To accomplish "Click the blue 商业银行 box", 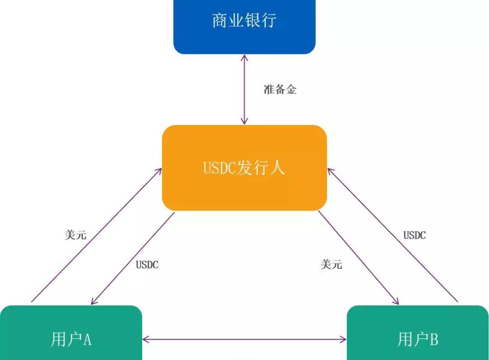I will click(x=244, y=23).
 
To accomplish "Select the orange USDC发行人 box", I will click(x=244, y=168).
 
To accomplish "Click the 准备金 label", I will click(x=280, y=90).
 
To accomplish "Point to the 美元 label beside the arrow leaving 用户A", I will click(x=76, y=235).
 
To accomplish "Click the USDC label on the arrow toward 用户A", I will click(x=147, y=265).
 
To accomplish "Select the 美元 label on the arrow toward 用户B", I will click(x=331, y=264).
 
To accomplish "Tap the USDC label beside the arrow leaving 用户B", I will click(x=414, y=235).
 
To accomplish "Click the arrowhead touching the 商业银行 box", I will click(x=244, y=58).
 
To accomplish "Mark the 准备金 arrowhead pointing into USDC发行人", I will click(x=244, y=121).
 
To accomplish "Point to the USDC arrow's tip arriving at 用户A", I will click(x=93, y=302).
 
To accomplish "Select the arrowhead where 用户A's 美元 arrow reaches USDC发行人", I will click(x=159, y=171).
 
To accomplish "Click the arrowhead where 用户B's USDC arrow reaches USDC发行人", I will click(x=330, y=171).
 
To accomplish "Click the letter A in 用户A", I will click(x=87, y=339).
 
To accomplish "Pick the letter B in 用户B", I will click(x=433, y=339).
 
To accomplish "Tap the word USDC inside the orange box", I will click(x=220, y=168).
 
